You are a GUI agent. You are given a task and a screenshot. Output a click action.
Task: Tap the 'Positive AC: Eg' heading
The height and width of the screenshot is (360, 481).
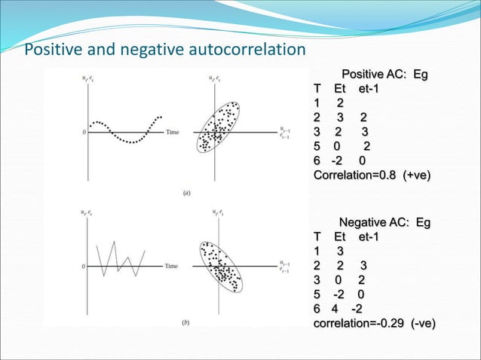pyautogui.click(x=384, y=75)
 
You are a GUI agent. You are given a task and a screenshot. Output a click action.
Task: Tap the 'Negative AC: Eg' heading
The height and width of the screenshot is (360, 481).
pyautogui.click(x=384, y=223)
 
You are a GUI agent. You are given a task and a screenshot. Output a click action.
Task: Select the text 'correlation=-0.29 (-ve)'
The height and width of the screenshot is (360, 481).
pyautogui.click(x=375, y=324)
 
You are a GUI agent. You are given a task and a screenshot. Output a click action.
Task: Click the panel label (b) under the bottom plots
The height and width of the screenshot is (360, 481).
pyautogui.click(x=187, y=322)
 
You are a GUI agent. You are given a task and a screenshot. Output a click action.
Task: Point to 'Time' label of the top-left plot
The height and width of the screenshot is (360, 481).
pyautogui.click(x=172, y=132)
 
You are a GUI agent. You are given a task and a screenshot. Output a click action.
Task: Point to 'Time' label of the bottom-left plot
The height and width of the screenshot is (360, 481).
pyautogui.click(x=172, y=266)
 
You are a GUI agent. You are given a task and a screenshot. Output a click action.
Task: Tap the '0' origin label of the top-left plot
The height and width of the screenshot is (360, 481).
pyautogui.click(x=84, y=133)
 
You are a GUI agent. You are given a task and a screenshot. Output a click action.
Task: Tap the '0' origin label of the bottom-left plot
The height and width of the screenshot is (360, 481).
pyautogui.click(x=84, y=266)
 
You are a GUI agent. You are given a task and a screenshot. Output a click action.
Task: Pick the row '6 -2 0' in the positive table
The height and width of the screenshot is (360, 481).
pyautogui.click(x=340, y=160)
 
